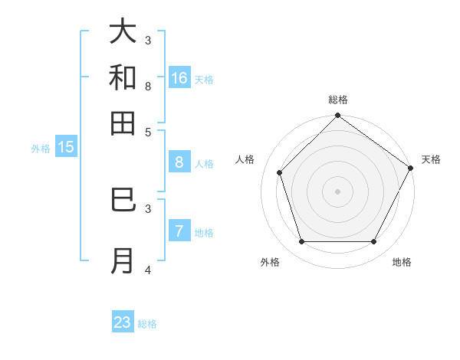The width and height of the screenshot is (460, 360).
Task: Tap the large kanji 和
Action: tap(123, 77)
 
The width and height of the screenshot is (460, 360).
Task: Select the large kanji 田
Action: tap(123, 123)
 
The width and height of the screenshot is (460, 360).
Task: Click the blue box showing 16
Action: tap(179, 78)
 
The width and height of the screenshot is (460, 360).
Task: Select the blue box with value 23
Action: tap(123, 322)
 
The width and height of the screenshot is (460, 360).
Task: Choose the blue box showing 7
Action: tap(179, 231)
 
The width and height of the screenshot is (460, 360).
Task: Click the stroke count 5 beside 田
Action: tap(148, 132)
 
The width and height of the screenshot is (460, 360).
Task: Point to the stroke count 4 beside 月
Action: tap(148, 270)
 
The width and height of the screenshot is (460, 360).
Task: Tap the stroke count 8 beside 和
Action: tap(148, 86)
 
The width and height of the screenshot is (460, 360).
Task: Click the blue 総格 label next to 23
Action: tap(147, 324)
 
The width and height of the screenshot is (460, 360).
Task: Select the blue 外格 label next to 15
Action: tap(41, 149)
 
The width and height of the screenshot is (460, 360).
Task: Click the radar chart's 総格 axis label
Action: tap(338, 100)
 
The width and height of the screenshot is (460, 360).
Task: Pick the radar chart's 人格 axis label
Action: tap(245, 159)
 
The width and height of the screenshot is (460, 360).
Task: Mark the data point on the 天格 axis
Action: tap(410, 168)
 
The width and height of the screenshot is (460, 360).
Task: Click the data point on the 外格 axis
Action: tap(302, 242)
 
